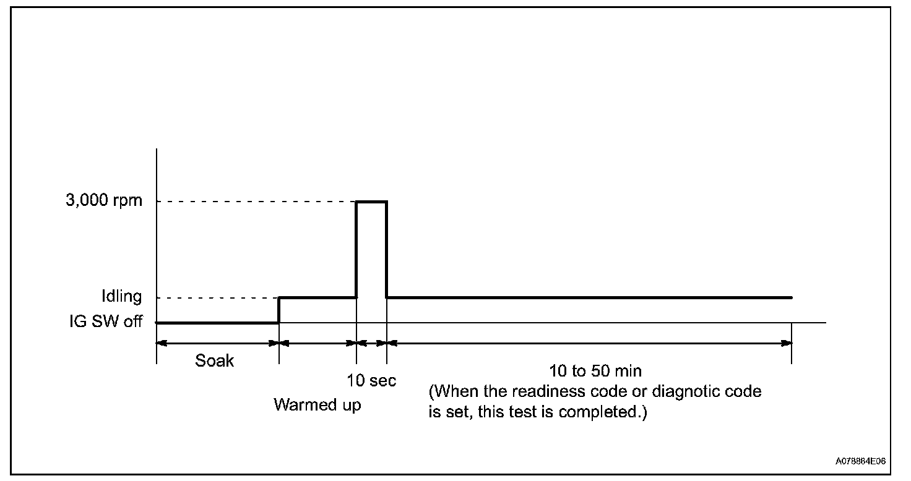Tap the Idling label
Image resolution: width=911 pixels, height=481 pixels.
pos(121,297)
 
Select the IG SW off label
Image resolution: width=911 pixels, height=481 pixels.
pos(106,322)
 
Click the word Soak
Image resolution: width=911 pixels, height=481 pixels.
pos(215,360)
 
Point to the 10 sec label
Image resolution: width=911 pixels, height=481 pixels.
pos(371,380)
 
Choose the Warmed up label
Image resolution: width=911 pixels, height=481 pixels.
pos(317,406)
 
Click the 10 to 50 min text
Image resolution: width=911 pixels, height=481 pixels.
pos(595,372)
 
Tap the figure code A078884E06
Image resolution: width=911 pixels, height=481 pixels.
pos(861,461)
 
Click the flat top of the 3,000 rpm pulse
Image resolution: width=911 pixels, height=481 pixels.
pos(371,202)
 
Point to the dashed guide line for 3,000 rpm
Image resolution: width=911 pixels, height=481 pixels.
pos(254,202)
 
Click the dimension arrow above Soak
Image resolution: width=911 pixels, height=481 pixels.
pos(217,343)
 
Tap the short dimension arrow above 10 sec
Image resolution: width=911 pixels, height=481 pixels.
pos(371,343)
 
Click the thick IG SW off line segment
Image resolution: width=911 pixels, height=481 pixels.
pos(217,322)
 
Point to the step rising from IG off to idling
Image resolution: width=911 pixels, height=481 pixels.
pos(279,310)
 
